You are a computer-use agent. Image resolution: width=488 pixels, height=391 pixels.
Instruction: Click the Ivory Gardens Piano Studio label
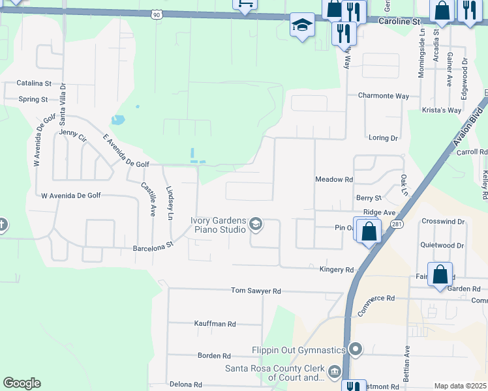click(219, 225)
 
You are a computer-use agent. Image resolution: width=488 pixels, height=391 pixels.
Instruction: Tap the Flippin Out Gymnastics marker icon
click(356, 350)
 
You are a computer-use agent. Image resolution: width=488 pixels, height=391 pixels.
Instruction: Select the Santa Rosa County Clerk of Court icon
click(335, 371)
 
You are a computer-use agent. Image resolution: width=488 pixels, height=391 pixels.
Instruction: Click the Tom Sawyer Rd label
click(256, 291)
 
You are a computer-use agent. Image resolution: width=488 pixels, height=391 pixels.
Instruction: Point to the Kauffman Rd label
click(215, 323)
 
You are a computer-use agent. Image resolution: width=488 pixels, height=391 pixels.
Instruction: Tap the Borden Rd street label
click(214, 356)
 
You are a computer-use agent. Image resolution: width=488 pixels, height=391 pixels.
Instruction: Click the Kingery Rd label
click(336, 269)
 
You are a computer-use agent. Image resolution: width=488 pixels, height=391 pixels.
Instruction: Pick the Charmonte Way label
click(384, 96)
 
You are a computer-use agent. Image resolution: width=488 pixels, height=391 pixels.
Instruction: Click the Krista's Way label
click(441, 110)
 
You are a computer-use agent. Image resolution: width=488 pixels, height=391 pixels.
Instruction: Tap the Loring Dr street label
click(383, 138)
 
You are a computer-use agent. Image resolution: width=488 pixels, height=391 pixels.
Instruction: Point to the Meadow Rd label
click(333, 179)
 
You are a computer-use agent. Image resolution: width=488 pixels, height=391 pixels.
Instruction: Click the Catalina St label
click(34, 83)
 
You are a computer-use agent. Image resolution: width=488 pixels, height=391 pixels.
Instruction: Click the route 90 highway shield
click(157, 14)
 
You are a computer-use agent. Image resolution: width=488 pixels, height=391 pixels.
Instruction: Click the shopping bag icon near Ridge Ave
click(368, 230)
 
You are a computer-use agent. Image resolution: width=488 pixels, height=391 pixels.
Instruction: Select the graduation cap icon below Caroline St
click(302, 25)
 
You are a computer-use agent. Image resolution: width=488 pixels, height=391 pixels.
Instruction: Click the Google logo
click(22, 383)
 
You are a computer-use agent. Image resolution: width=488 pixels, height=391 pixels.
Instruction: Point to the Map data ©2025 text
click(460, 386)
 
